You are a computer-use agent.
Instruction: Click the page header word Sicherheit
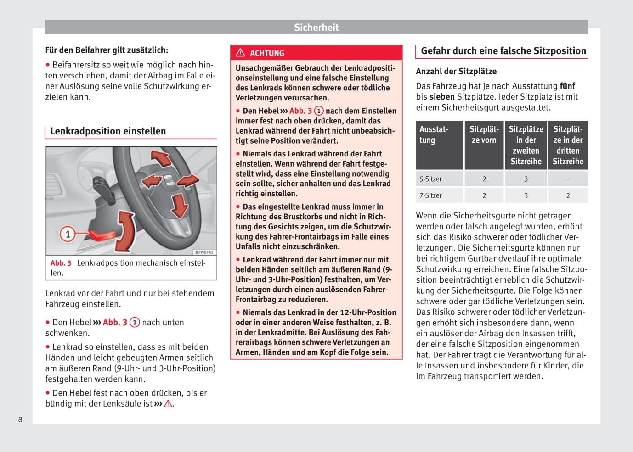[316, 28]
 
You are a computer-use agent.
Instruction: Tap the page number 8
[20, 419]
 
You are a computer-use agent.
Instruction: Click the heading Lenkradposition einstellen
[108, 131]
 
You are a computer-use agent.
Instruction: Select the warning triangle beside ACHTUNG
[240, 53]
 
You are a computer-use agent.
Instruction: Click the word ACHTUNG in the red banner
[267, 53]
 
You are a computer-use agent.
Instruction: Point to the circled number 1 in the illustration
[68, 234]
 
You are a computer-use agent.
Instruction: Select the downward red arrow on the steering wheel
[179, 205]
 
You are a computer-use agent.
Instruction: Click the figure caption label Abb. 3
[61, 263]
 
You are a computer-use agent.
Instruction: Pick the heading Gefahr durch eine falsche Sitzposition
[503, 51]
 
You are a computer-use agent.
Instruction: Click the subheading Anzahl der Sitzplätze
[456, 71]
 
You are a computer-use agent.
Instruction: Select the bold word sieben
[442, 97]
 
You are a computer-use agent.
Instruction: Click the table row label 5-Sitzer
[430, 179]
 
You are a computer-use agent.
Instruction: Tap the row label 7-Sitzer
[430, 195]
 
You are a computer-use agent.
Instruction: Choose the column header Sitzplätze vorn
[484, 135]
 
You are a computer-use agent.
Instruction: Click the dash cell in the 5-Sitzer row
[568, 179]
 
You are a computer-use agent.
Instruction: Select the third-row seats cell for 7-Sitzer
[568, 195]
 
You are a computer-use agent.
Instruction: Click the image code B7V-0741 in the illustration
[204, 252]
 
